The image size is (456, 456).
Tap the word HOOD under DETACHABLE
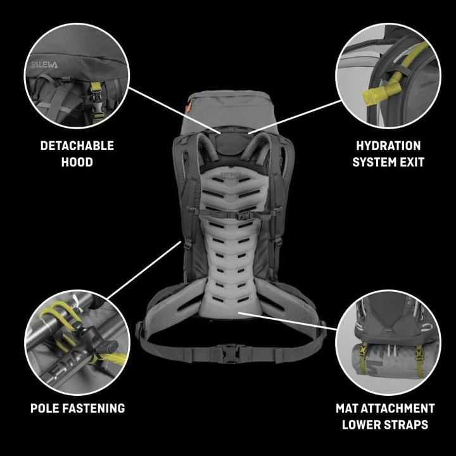(77, 162)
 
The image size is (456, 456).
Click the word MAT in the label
(350, 408)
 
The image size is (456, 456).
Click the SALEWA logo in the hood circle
(44, 65)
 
